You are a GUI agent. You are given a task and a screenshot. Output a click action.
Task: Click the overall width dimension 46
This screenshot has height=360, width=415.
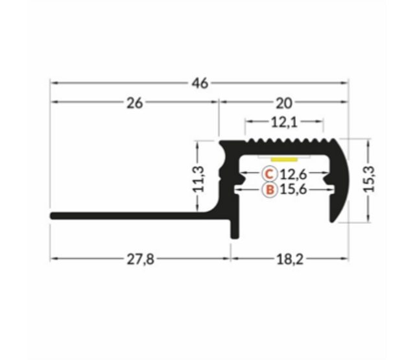click(200, 83)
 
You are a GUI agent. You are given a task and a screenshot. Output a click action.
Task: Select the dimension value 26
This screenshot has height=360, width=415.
click(135, 102)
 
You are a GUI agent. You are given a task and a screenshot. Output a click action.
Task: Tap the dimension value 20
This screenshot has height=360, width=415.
click(284, 102)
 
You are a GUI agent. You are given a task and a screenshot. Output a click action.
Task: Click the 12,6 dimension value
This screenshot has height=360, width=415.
click(293, 174)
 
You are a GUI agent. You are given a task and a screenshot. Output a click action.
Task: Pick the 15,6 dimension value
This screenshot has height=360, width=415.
click(293, 191)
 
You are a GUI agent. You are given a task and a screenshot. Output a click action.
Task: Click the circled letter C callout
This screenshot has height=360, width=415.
click(270, 174)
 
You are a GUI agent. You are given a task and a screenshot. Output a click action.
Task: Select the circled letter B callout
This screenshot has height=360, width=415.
click(270, 191)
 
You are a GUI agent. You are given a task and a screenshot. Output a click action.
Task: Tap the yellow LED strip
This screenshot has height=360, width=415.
click(283, 158)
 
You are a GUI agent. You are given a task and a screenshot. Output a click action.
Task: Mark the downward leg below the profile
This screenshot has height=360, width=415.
click(231, 230)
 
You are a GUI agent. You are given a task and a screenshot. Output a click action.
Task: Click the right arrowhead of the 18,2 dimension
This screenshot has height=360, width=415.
click(345, 258)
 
